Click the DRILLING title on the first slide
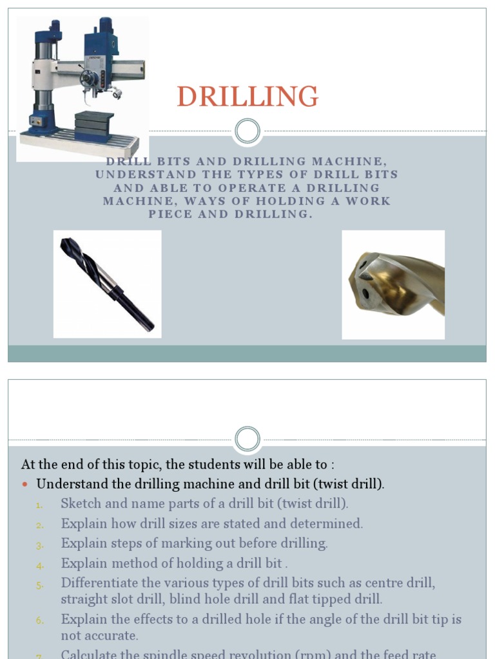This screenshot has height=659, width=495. point(247,97)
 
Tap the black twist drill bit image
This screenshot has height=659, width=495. point(107,284)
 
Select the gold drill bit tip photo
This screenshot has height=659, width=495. point(393,284)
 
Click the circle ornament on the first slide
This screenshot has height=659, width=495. point(247,131)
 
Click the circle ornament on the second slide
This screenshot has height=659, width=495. point(247,440)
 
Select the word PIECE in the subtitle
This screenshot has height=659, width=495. point(170,214)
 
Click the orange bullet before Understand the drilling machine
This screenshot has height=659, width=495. point(26,485)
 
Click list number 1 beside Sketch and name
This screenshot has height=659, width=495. point(40,505)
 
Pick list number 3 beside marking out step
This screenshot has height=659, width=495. point(40,545)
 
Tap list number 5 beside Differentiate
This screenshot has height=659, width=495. point(40,585)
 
